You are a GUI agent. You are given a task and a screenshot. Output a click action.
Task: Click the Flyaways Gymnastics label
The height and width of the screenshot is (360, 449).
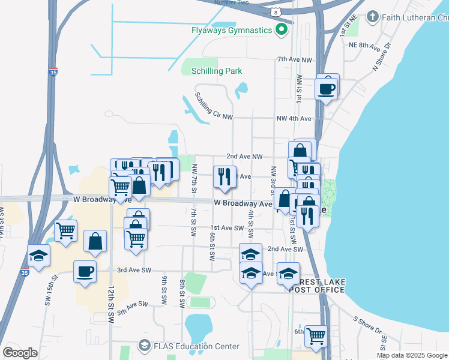point(232,30)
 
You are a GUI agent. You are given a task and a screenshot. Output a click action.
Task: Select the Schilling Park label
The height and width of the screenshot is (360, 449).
point(217,71)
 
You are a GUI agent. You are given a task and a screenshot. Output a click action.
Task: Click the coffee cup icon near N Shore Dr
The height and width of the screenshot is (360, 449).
point(327,89)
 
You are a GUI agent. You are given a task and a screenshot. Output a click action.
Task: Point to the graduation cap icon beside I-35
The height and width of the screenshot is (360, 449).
point(38,257)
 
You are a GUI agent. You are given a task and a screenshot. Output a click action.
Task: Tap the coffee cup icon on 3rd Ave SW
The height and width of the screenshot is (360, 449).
point(85,271)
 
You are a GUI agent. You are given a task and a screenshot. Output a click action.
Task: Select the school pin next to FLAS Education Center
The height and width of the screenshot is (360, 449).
point(144,346)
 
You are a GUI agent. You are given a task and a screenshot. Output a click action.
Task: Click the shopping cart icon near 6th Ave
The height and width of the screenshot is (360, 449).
point(315,336)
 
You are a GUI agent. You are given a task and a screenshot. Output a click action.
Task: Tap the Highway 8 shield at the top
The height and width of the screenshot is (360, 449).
point(275,11)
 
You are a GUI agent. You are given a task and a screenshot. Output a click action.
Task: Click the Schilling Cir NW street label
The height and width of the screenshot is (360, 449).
point(213,107)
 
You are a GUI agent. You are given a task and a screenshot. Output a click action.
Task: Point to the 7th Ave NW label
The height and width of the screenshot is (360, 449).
point(295,60)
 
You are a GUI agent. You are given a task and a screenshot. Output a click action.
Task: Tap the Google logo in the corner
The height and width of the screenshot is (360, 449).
point(20,352)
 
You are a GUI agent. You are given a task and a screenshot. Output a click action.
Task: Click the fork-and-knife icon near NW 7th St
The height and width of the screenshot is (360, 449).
point(224,176)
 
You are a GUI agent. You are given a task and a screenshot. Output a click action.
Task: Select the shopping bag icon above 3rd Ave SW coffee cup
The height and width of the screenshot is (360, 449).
point(95,241)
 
